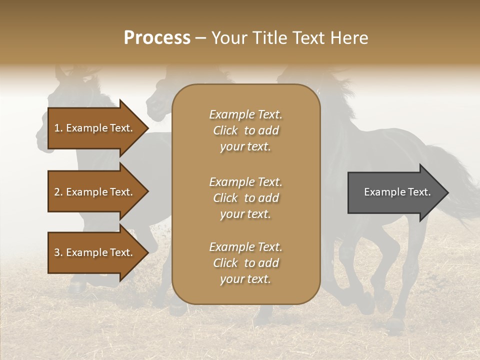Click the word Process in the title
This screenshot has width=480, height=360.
[157, 38]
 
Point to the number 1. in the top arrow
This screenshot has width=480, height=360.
[58, 128]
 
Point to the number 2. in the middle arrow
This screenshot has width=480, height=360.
[58, 192]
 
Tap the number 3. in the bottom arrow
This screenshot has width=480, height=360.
[58, 252]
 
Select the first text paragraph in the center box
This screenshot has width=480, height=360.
[245, 130]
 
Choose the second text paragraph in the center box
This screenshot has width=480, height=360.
[245, 198]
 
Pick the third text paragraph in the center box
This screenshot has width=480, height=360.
[245, 263]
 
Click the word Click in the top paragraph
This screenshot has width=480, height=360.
[225, 130]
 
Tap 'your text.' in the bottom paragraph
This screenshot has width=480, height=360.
[245, 279]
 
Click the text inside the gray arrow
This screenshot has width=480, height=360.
[397, 192]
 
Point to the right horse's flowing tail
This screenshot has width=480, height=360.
[457, 175]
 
